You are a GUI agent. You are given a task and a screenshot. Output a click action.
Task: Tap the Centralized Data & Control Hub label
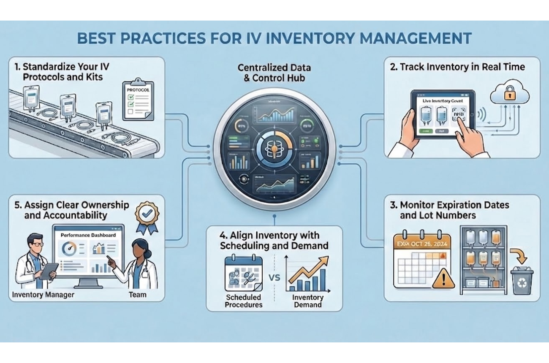(274, 73)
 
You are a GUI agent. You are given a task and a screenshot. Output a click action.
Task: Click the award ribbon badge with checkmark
(147, 216)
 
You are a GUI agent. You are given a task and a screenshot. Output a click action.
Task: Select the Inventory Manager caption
(43, 295)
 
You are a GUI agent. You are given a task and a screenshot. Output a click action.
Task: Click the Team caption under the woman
(137, 295)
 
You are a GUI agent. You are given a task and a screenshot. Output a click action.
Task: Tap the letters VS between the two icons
(274, 279)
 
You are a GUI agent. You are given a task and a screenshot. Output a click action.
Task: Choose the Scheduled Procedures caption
(244, 301)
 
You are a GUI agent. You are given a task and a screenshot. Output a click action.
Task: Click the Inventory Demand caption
(307, 301)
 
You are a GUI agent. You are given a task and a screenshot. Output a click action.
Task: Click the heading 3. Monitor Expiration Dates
(454, 210)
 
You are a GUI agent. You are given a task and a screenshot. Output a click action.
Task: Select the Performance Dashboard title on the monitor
(88, 235)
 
